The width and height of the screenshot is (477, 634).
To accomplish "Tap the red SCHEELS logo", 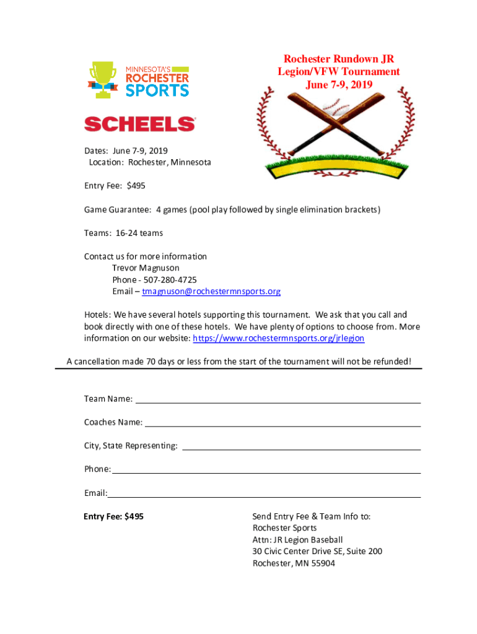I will click(140, 124).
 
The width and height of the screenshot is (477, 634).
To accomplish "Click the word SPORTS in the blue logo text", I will click(157, 90).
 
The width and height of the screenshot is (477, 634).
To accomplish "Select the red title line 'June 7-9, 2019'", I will click(339, 84).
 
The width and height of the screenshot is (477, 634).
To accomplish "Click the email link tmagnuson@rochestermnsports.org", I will click(211, 292).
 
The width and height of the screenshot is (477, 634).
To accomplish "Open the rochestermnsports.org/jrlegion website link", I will click(279, 339).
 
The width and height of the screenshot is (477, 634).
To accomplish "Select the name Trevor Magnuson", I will click(146, 268).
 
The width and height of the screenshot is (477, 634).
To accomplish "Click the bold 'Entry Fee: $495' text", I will click(114, 516).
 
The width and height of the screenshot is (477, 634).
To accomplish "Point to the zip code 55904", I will click(322, 563).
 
